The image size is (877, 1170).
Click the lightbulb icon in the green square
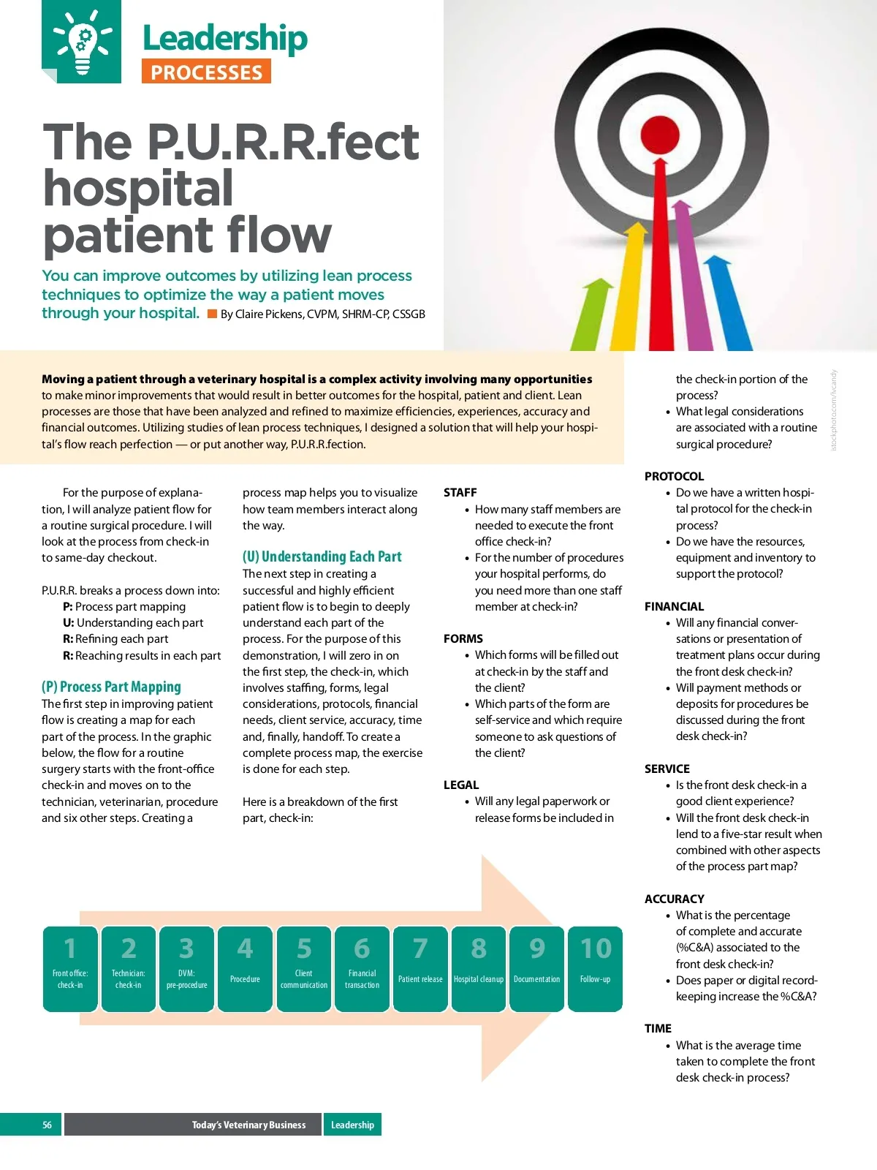pyautogui.click(x=82, y=42)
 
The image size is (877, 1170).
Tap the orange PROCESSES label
pyautogui.click(x=206, y=72)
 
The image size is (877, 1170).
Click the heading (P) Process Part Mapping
pyautogui.click(x=111, y=687)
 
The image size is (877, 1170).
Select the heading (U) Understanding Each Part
pyautogui.click(x=322, y=556)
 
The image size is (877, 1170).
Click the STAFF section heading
pyautogui.click(x=460, y=493)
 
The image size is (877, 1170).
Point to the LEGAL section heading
pyautogui.click(x=461, y=785)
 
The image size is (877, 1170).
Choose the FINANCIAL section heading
pyautogui.click(x=674, y=606)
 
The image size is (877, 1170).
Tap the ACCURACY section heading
pyautogui.click(x=674, y=899)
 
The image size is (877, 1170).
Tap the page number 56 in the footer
pyautogui.click(x=47, y=1125)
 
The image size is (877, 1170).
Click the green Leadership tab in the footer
pyautogui.click(x=352, y=1125)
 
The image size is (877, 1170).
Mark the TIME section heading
pyautogui.click(x=658, y=1028)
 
